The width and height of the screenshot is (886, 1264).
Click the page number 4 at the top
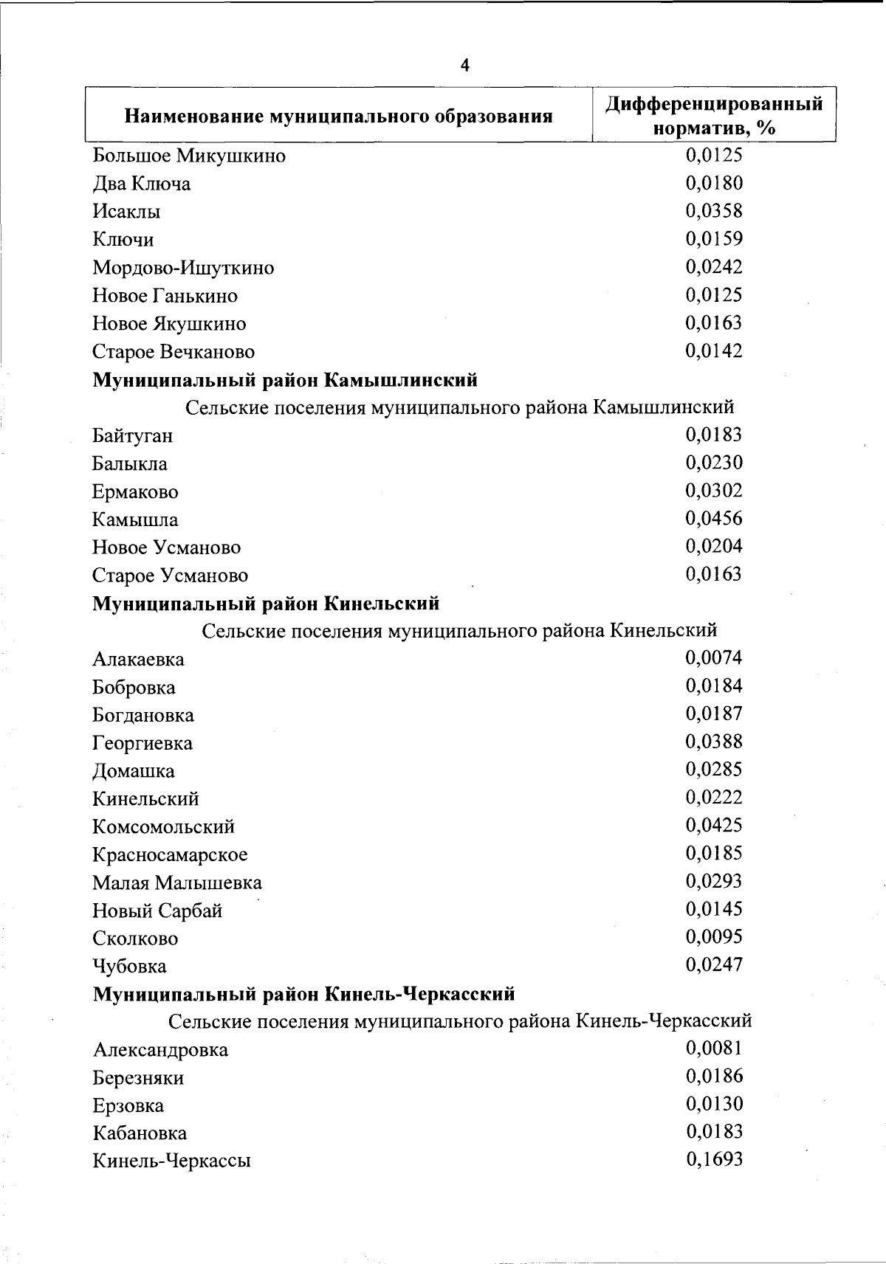pyautogui.click(x=464, y=66)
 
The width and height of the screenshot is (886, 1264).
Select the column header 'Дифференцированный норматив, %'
pyautogui.click(x=714, y=115)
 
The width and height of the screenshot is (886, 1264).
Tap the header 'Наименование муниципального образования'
pyautogui.click(x=339, y=116)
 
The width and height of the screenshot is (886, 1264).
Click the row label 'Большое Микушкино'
pyautogui.click(x=189, y=156)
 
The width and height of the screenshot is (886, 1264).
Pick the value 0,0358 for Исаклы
pyautogui.click(x=714, y=211)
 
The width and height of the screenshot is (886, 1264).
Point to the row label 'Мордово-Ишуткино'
pyautogui.click(x=183, y=268)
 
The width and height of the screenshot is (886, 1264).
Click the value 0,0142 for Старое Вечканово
pyautogui.click(x=714, y=350)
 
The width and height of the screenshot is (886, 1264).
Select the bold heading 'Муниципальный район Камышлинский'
pyautogui.click(x=285, y=380)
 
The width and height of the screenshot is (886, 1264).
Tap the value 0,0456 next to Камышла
pyautogui.click(x=714, y=518)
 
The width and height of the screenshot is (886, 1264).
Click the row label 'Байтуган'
pyautogui.click(x=133, y=435)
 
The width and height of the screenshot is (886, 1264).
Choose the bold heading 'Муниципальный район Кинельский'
pyautogui.click(x=266, y=604)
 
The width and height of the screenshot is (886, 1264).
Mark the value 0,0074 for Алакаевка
pyautogui.click(x=714, y=657)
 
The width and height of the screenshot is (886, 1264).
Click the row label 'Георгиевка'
pyautogui.click(x=142, y=743)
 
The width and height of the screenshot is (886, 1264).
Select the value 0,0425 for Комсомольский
pyautogui.click(x=714, y=825)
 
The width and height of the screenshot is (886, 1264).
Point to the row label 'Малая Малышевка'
pyautogui.click(x=177, y=883)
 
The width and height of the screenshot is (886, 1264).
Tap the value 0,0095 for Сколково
pyautogui.click(x=714, y=936)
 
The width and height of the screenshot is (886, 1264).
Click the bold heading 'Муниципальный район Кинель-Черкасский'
pyautogui.click(x=303, y=994)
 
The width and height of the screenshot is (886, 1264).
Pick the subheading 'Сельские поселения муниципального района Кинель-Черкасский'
pyautogui.click(x=460, y=1021)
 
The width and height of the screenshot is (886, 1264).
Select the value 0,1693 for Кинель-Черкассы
pyautogui.click(x=714, y=1159)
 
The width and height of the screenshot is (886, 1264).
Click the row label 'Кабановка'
pyautogui.click(x=140, y=1133)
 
